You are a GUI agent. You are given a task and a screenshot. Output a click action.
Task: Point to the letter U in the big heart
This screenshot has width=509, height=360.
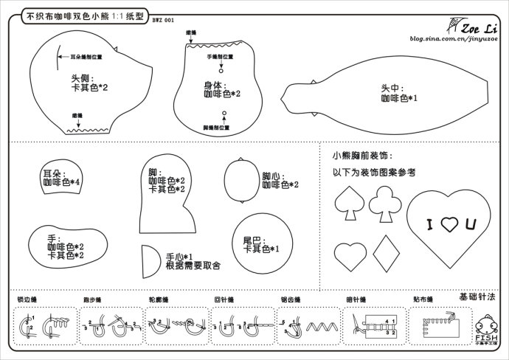coord(470,224)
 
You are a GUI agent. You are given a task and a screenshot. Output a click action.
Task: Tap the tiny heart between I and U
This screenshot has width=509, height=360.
coord(449,224)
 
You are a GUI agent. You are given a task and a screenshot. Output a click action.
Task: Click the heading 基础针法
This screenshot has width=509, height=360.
coord(477,296)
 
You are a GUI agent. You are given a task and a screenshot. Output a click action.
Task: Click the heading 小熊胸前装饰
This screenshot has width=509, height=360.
coord(362,156)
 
